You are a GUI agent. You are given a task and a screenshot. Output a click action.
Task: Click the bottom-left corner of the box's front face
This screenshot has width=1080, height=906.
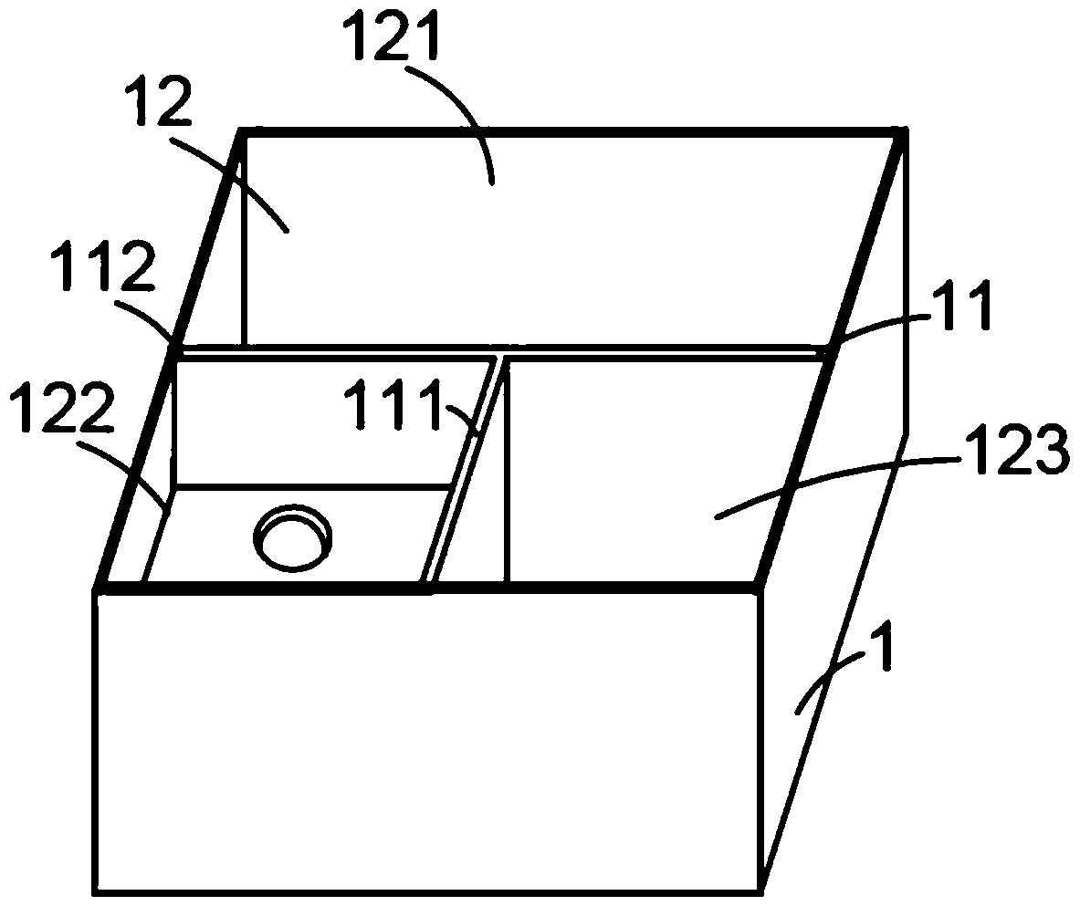(x=97, y=889)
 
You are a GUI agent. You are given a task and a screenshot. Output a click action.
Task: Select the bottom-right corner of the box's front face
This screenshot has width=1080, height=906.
(x=760, y=889)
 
